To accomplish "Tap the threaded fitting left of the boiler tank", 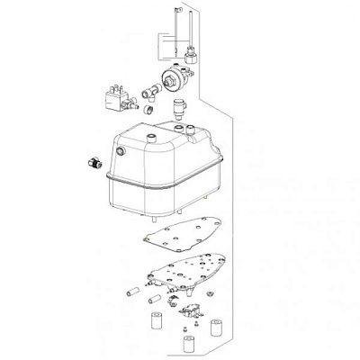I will point(91,162).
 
